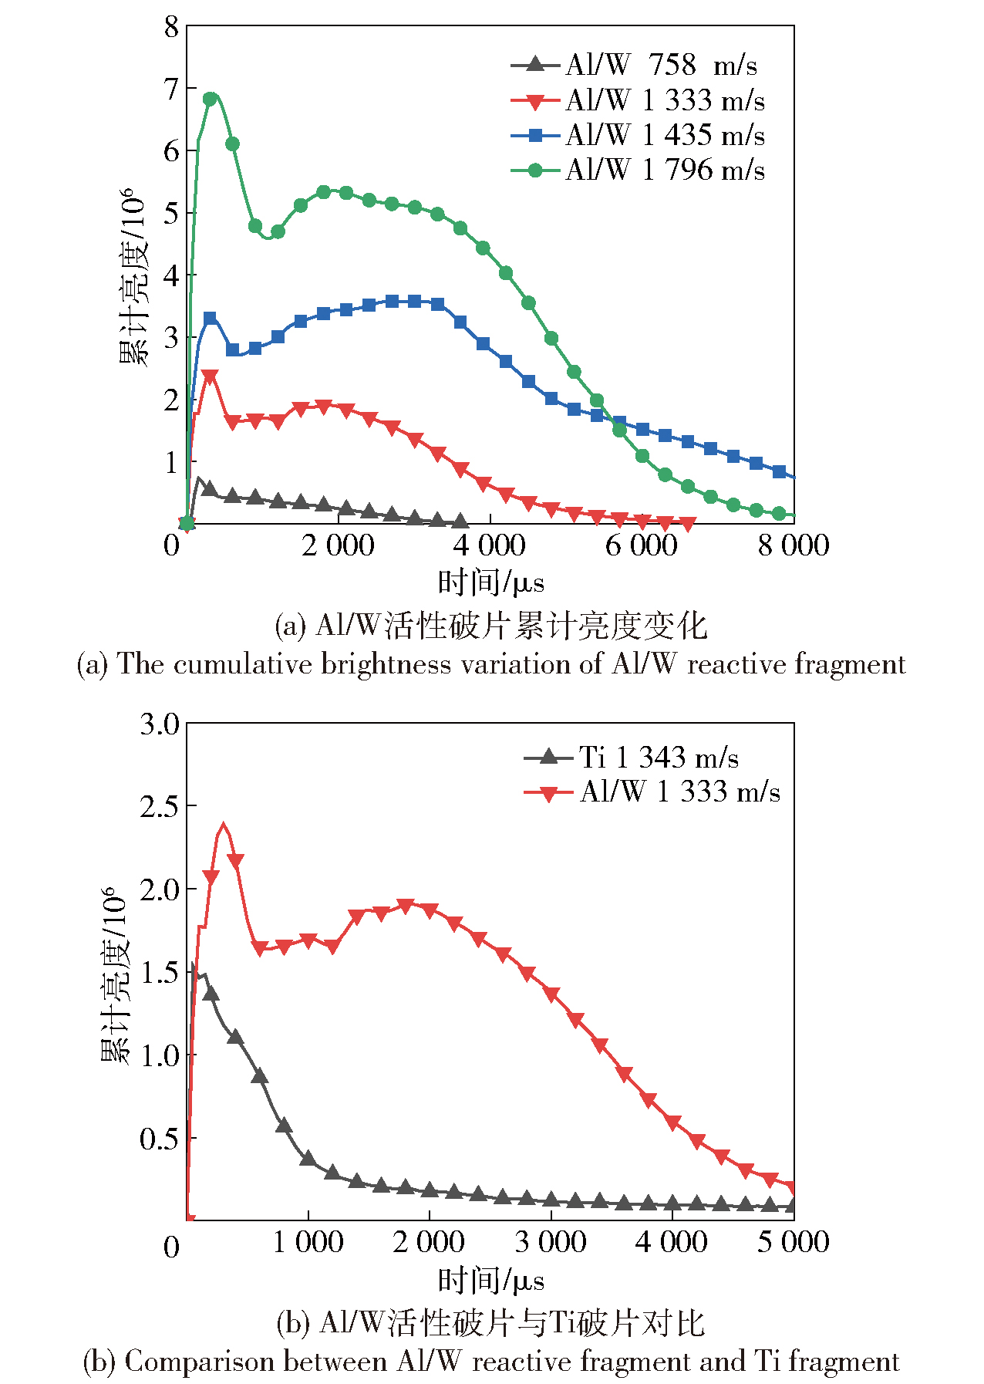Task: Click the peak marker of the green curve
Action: (x=210, y=99)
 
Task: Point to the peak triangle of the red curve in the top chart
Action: (x=209, y=376)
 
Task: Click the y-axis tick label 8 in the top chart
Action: (x=171, y=28)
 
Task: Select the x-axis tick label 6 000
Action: (x=641, y=545)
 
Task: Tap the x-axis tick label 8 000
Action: (x=793, y=545)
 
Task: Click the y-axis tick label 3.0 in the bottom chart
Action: (x=160, y=724)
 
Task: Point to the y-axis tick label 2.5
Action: (x=160, y=807)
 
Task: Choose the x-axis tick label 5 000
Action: (x=793, y=1242)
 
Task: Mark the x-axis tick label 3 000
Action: (x=551, y=1242)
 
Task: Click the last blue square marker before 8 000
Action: (x=779, y=471)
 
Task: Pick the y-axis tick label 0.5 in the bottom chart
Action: (x=160, y=1139)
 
